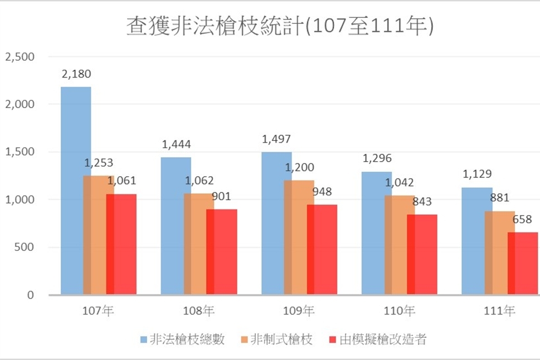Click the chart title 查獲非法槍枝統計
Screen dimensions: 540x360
tap(215, 26)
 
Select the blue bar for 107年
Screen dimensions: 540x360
tap(76, 191)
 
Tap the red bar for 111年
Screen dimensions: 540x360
tap(522, 264)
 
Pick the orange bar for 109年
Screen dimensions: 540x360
tap(299, 237)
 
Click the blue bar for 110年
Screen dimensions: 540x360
tap(376, 233)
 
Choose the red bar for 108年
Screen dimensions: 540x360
tap(221, 252)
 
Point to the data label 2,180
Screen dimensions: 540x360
tap(76, 74)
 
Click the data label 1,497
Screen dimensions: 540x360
tap(276, 139)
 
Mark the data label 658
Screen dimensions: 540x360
tap(522, 219)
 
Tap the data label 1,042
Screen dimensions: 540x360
tap(399, 182)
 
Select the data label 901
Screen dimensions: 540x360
tap(221, 196)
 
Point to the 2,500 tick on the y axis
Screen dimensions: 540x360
tap(20, 56)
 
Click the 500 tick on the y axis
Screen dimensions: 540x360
tap(24, 247)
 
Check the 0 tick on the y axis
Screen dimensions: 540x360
tap(31, 295)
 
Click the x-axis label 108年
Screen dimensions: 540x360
tap(199, 311)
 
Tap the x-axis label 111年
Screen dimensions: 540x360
tap(499, 311)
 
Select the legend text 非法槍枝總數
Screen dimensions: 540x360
tap(187, 340)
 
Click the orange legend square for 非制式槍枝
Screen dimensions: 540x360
tap(244, 340)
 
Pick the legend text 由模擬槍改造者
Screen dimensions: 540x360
tap(383, 340)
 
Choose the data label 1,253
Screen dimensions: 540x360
tap(99, 163)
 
